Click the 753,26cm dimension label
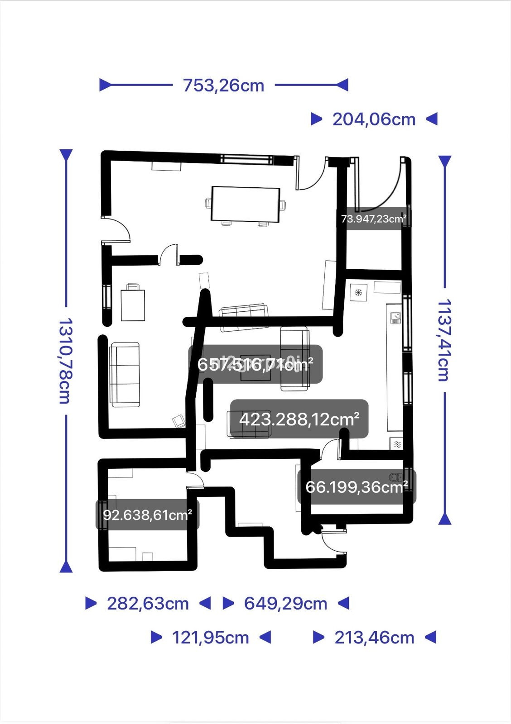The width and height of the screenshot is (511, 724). pyautogui.click(x=223, y=85)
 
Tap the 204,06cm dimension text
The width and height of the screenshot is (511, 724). pyautogui.click(x=374, y=119)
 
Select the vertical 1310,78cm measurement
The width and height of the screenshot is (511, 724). pyautogui.click(x=65, y=360)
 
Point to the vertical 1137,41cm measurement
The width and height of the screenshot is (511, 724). pyautogui.click(x=444, y=340)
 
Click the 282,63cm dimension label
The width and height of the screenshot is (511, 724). pyautogui.click(x=148, y=603)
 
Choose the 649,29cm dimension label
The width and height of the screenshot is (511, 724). pyautogui.click(x=285, y=603)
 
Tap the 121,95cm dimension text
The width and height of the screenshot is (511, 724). pyautogui.click(x=210, y=638)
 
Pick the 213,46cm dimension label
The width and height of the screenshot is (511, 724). pyautogui.click(x=374, y=638)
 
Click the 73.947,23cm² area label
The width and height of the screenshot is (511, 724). pyautogui.click(x=373, y=219)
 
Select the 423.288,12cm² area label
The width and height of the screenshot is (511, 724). pyautogui.click(x=299, y=419)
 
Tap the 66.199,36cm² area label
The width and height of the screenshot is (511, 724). pyautogui.click(x=357, y=487)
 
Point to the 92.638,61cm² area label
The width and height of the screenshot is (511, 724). pyautogui.click(x=147, y=515)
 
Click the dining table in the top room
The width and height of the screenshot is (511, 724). pyautogui.click(x=245, y=204)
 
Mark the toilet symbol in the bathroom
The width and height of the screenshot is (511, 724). pyautogui.click(x=397, y=476)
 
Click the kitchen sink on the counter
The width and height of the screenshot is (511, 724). pyautogui.click(x=395, y=319)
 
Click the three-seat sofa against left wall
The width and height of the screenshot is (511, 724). pyautogui.click(x=125, y=374)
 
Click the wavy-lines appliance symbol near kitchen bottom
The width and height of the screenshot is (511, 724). pyautogui.click(x=397, y=444)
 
